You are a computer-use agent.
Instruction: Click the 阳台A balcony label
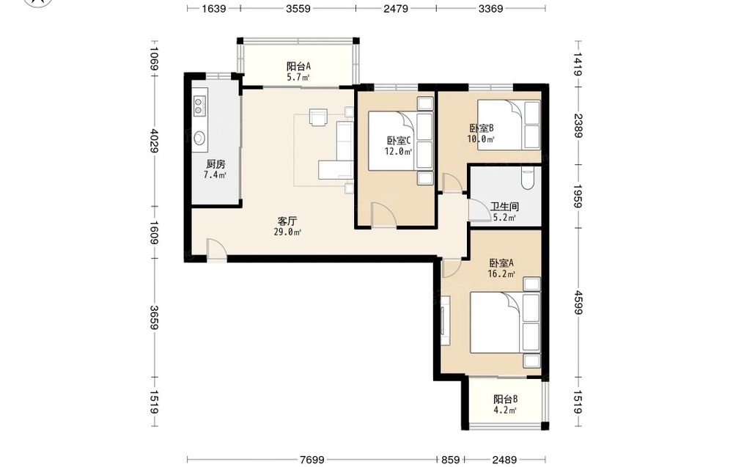coord(299,67)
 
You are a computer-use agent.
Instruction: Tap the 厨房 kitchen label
coord(216,164)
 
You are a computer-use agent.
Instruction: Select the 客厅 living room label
coord(287,221)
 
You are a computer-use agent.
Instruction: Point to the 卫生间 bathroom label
coord(504,207)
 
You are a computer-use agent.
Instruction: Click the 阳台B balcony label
coord(505,400)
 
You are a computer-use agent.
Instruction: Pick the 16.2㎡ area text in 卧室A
coord(501,274)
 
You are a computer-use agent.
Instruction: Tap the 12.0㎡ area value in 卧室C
coord(398,151)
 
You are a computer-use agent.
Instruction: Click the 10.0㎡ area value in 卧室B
coord(481,139)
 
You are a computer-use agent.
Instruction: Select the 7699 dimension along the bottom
coord(312,460)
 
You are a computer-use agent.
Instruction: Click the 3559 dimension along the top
coord(298,8)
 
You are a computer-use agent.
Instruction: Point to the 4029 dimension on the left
coord(154,140)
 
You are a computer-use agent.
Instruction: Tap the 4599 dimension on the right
coord(578,303)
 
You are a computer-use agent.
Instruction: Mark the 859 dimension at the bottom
coord(451,460)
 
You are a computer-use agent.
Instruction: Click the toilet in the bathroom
coord(527,178)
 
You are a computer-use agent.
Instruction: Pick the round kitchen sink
coord(199,138)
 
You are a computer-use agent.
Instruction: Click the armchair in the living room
coord(318,117)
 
